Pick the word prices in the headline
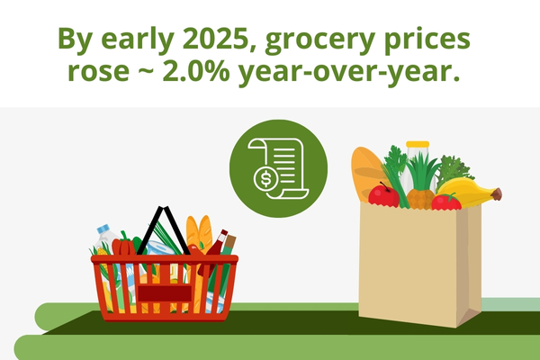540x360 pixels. pyautogui.click(x=431, y=41)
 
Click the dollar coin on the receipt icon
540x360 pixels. pyautogui.click(x=267, y=179)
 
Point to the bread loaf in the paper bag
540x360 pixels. pyautogui.click(x=367, y=171)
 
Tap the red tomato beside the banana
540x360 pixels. pyautogui.click(x=445, y=202)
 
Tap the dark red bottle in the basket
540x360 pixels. pyautogui.click(x=218, y=243)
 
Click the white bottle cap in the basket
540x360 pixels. pyautogui.click(x=102, y=229)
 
